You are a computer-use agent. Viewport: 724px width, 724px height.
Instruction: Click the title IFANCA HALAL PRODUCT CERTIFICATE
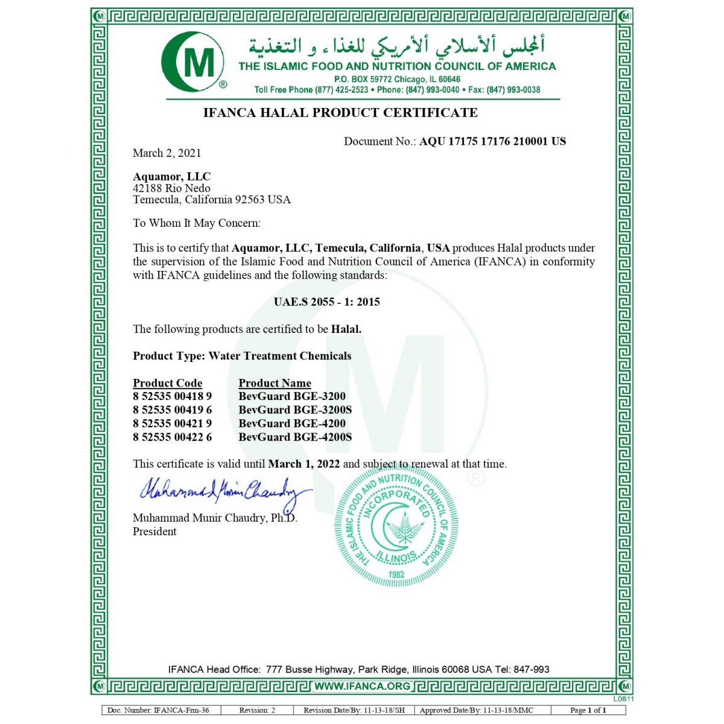click(x=340, y=113)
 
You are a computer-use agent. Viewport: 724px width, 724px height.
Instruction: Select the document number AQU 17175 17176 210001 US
click(x=492, y=141)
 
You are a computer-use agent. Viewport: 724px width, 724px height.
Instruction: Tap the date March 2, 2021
click(x=167, y=153)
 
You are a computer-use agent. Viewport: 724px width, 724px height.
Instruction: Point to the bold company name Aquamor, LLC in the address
click(x=171, y=177)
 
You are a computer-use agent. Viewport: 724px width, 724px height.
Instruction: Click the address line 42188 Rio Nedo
click(x=171, y=188)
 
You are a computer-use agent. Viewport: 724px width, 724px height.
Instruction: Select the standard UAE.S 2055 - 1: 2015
click(x=326, y=302)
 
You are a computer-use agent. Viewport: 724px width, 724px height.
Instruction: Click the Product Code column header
click(x=167, y=383)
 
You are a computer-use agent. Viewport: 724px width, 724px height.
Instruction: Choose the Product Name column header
click(x=275, y=383)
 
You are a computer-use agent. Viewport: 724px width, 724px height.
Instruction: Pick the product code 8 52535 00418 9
click(x=172, y=396)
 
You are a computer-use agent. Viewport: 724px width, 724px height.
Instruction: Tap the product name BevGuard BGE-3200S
click(x=294, y=410)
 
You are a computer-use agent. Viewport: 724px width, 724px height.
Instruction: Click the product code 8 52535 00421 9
click(x=172, y=424)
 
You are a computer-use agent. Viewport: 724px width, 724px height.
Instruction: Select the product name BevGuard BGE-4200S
click(x=294, y=437)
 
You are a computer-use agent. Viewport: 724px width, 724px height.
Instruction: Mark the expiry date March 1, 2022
click(x=303, y=464)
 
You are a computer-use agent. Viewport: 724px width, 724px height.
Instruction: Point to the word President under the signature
click(x=154, y=532)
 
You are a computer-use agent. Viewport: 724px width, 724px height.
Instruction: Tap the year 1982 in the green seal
click(x=396, y=574)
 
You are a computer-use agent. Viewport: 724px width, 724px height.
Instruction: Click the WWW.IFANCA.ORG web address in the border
click(x=363, y=686)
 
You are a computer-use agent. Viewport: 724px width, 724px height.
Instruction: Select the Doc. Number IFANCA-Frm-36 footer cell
click(x=158, y=710)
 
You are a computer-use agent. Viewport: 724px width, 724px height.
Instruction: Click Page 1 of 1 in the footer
click(x=588, y=710)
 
